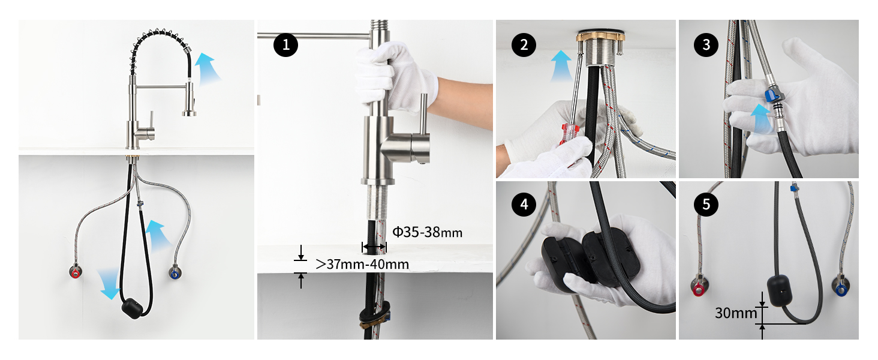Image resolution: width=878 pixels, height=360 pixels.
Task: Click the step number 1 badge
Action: point(285,45)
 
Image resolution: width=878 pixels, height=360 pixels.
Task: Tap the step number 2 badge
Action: point(524,45)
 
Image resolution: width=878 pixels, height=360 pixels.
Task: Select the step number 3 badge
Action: point(706,45)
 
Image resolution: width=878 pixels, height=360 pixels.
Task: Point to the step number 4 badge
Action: point(524,204)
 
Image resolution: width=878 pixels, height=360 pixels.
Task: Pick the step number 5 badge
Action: point(706,204)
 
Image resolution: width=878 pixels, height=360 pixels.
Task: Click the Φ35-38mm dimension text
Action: point(427,233)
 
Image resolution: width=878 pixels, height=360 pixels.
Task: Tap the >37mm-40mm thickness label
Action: point(362,265)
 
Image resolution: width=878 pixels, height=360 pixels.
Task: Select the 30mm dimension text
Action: point(736,313)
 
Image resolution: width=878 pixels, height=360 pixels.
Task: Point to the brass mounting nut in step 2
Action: point(600,37)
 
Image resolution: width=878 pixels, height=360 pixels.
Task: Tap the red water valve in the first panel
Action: point(75,272)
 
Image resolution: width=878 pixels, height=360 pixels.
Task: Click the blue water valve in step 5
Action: point(840,289)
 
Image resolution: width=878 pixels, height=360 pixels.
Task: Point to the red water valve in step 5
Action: point(698,289)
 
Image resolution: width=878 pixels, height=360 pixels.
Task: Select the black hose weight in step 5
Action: point(780,291)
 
